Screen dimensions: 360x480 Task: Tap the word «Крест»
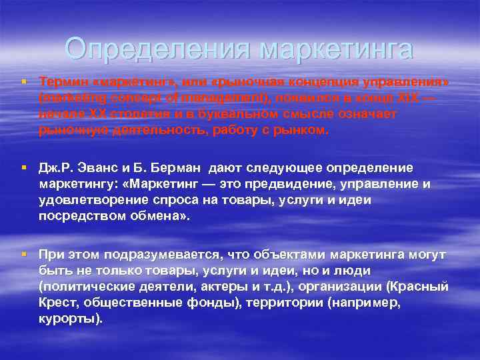tap(56, 303)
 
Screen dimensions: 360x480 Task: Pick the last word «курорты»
tap(70, 319)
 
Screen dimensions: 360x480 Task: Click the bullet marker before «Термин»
tap(23, 81)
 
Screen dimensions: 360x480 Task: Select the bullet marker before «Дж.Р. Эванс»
tap(23, 167)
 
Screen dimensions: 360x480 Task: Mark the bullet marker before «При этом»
tap(23, 255)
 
